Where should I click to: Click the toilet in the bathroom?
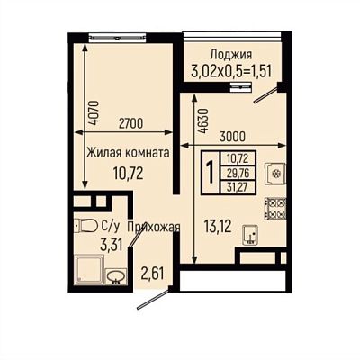click(85, 226)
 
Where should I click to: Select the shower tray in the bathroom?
click(89, 269)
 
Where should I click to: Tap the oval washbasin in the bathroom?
click(115, 276)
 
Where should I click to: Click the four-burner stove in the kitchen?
click(274, 208)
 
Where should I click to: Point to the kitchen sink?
click(250, 235)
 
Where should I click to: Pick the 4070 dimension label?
click(94, 112)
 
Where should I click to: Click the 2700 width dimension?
click(130, 123)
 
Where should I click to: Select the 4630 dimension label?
click(203, 121)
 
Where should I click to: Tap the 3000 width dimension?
click(232, 137)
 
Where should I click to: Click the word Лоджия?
click(231, 55)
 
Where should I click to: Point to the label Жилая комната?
click(129, 153)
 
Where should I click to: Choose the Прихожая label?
click(154, 228)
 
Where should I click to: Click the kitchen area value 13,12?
click(218, 226)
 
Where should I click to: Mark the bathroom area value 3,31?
click(112, 245)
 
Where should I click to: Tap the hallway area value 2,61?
click(153, 274)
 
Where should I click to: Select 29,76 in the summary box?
click(238, 173)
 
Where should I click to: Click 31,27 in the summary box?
click(238, 187)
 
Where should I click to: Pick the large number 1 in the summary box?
click(211, 173)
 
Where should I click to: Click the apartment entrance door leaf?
click(153, 299)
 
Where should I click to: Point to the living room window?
click(117, 38)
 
